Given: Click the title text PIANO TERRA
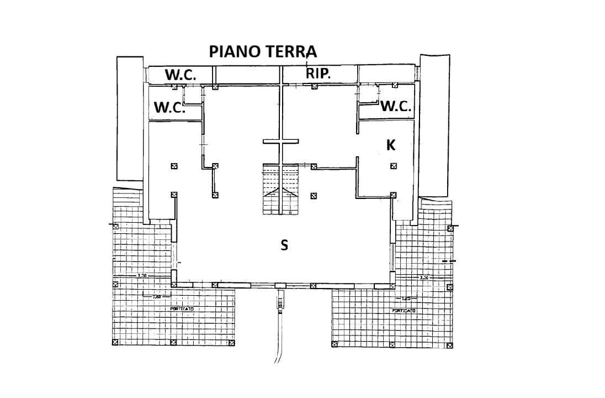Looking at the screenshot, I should click(x=263, y=51).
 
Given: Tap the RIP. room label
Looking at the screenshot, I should click(x=319, y=74).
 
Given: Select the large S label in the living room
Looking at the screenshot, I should click(x=284, y=245).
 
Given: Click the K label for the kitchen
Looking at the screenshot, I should click(x=391, y=145).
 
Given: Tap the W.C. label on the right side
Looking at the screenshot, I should click(x=396, y=107).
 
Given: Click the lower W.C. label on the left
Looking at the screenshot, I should click(x=169, y=107).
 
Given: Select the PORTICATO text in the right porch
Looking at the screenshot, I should click(x=404, y=311).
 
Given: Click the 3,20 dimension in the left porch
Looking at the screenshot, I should click(x=142, y=275).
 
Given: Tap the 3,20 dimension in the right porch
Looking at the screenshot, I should click(x=424, y=277).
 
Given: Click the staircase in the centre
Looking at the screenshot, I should click(x=280, y=190).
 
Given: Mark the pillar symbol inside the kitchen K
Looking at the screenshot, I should click(x=394, y=166).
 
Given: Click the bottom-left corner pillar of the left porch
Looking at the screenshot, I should click(x=115, y=343).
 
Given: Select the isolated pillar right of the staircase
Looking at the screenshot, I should click(x=314, y=195).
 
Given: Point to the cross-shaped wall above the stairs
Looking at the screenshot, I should click(x=280, y=142).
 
